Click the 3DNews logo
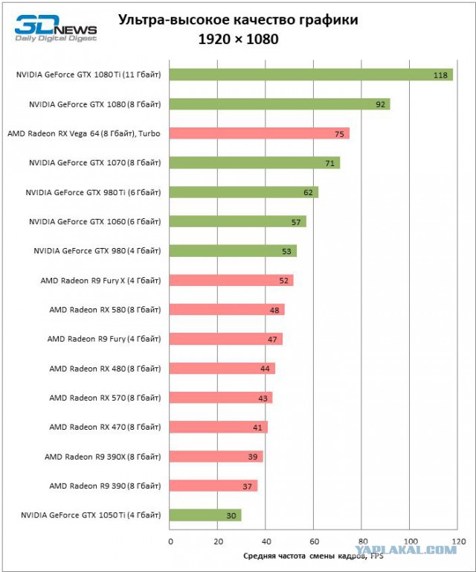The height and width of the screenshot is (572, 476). (x=56, y=28)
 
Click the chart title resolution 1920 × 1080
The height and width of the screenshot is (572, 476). (x=238, y=39)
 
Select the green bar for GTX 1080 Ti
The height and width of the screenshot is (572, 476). (x=311, y=74)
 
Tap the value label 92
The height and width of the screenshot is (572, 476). (x=380, y=105)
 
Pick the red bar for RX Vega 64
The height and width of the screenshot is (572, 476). (x=260, y=133)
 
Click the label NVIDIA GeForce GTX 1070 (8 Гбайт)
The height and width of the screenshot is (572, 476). (x=94, y=162)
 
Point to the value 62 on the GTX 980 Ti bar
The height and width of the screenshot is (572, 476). (x=308, y=193)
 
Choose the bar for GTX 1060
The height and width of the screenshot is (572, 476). (x=238, y=221)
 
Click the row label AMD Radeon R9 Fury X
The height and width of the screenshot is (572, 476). (x=100, y=281)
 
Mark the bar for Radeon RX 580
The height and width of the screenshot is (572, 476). (x=227, y=310)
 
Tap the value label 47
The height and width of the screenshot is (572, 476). (x=272, y=340)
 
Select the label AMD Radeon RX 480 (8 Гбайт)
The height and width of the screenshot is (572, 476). (x=105, y=369)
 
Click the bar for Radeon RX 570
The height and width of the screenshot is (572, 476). (x=221, y=398)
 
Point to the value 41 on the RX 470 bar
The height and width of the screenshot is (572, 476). (x=257, y=428)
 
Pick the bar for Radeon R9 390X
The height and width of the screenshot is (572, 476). (x=216, y=457)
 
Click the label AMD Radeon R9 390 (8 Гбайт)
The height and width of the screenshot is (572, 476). (x=105, y=486)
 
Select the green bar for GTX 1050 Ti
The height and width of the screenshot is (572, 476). (x=205, y=515)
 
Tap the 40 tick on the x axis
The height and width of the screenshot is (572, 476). (x=266, y=541)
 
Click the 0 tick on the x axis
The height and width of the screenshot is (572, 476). (x=170, y=541)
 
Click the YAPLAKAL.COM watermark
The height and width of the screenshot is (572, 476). (x=405, y=550)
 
